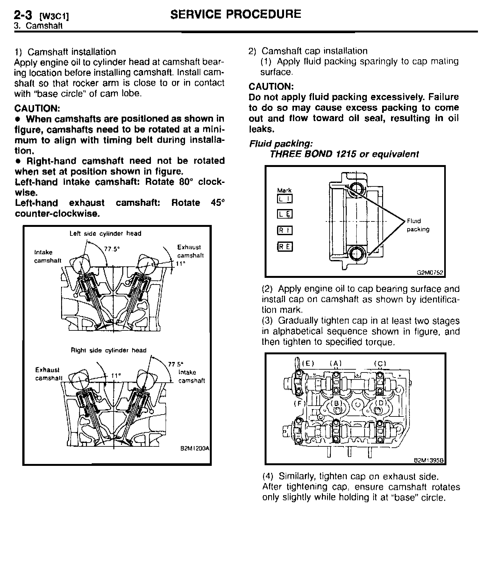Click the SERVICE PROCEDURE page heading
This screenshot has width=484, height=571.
[236, 14]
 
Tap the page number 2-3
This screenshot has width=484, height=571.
[24, 15]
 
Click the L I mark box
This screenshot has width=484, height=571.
[285, 199]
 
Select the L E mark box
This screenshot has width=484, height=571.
[285, 214]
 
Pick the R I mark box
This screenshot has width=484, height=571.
[285, 230]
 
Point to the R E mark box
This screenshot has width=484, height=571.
[285, 247]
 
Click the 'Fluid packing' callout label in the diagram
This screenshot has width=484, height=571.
[417, 225]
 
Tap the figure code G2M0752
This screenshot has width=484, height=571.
[430, 273]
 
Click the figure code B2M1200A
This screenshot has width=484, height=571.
[195, 448]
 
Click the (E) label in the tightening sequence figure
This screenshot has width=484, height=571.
[308, 364]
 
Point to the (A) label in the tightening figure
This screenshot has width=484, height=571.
[336, 364]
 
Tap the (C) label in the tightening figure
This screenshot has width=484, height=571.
[380, 364]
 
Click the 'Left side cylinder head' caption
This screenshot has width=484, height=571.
[105, 234]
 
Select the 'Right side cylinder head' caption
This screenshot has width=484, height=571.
[108, 351]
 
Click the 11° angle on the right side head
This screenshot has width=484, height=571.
[116, 375]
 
